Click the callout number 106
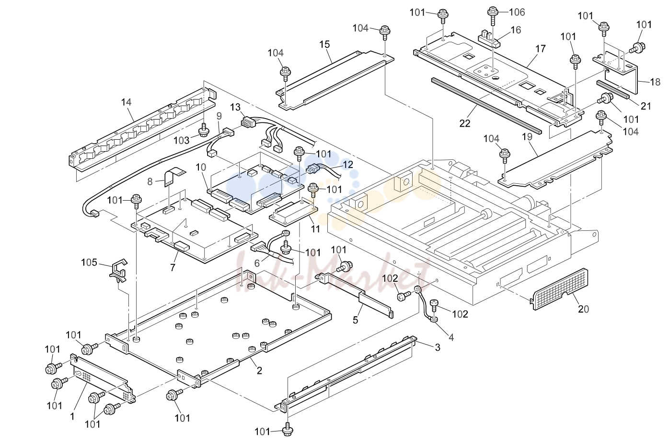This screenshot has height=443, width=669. coord(517,12)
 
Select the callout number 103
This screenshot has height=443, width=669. coord(182,140)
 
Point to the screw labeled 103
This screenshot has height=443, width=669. coord(204,130)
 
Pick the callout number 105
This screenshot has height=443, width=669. coord(89,263)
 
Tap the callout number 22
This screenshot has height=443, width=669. coord(465,123)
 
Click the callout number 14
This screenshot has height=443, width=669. coord(126,102)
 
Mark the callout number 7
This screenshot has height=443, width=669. coord(173,267)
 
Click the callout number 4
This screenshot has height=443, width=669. coord(451,337)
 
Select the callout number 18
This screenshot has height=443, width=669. coord(655,82)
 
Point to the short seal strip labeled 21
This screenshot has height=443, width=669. coord(613,89)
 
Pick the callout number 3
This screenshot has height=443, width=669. coord(437,347)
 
